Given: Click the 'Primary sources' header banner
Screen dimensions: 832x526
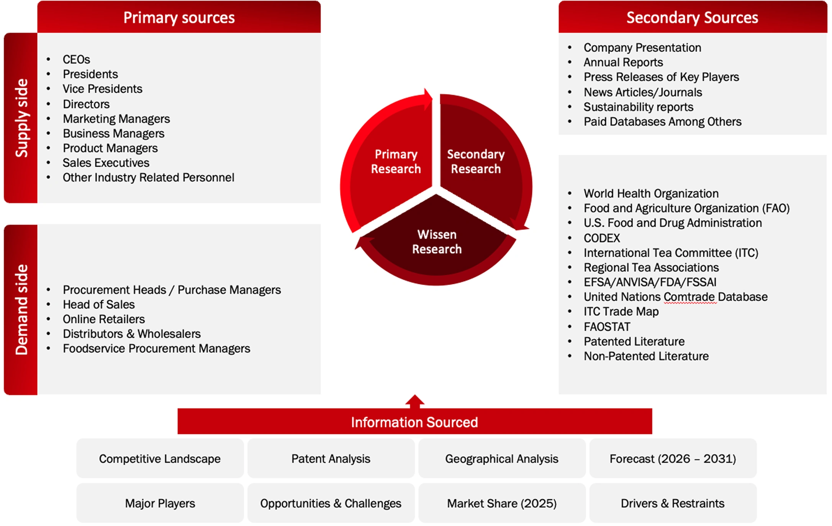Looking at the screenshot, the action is point(179,17).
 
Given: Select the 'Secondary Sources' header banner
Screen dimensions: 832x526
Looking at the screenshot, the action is point(693,17).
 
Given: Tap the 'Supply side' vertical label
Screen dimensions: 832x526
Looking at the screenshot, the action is point(21,118).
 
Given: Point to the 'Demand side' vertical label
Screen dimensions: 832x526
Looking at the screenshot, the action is point(21,310).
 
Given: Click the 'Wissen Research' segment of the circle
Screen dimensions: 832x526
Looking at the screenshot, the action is point(437,241).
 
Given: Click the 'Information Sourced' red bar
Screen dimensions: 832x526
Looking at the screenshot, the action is point(415,421).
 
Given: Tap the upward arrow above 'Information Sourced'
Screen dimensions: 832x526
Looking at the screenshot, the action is point(415,401).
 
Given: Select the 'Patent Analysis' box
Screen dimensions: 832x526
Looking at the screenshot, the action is point(331,458).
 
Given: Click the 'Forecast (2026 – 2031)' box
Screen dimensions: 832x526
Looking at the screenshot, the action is point(673,458).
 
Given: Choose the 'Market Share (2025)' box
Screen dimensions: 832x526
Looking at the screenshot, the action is point(502,503).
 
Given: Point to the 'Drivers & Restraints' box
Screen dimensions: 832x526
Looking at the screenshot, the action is point(673,503).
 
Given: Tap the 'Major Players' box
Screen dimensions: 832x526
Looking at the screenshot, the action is point(160,503).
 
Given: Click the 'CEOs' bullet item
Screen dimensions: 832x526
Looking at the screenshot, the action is point(76,59).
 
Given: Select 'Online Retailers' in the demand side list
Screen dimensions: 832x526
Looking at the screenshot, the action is point(104,319).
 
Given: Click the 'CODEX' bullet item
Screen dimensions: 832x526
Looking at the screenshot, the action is point(602,238).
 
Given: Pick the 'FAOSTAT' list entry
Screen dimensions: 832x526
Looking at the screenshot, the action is point(607,327).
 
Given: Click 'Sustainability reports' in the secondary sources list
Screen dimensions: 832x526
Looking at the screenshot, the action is point(638,107).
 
